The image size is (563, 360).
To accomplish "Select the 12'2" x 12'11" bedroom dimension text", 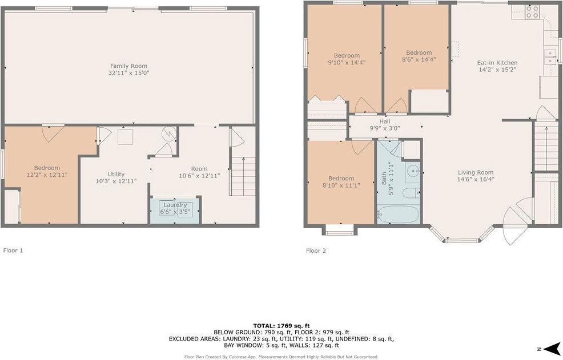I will pos(47,175).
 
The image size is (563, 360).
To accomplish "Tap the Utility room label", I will pos(116,174).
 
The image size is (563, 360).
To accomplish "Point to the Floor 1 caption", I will pos(13,250).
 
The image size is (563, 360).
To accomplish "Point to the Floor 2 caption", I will pos(316,250).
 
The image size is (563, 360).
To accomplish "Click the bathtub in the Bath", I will pos(398,215).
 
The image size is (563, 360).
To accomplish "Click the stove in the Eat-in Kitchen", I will pos(532,12).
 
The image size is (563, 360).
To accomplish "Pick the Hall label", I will pos(384,122).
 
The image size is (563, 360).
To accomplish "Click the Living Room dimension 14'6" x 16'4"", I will pos(476,179).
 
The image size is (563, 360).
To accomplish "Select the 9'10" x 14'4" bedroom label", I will pos(347,63).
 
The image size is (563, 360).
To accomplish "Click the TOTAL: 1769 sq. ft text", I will pos(281,325).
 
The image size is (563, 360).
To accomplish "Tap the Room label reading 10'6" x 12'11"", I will pos(199,176).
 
